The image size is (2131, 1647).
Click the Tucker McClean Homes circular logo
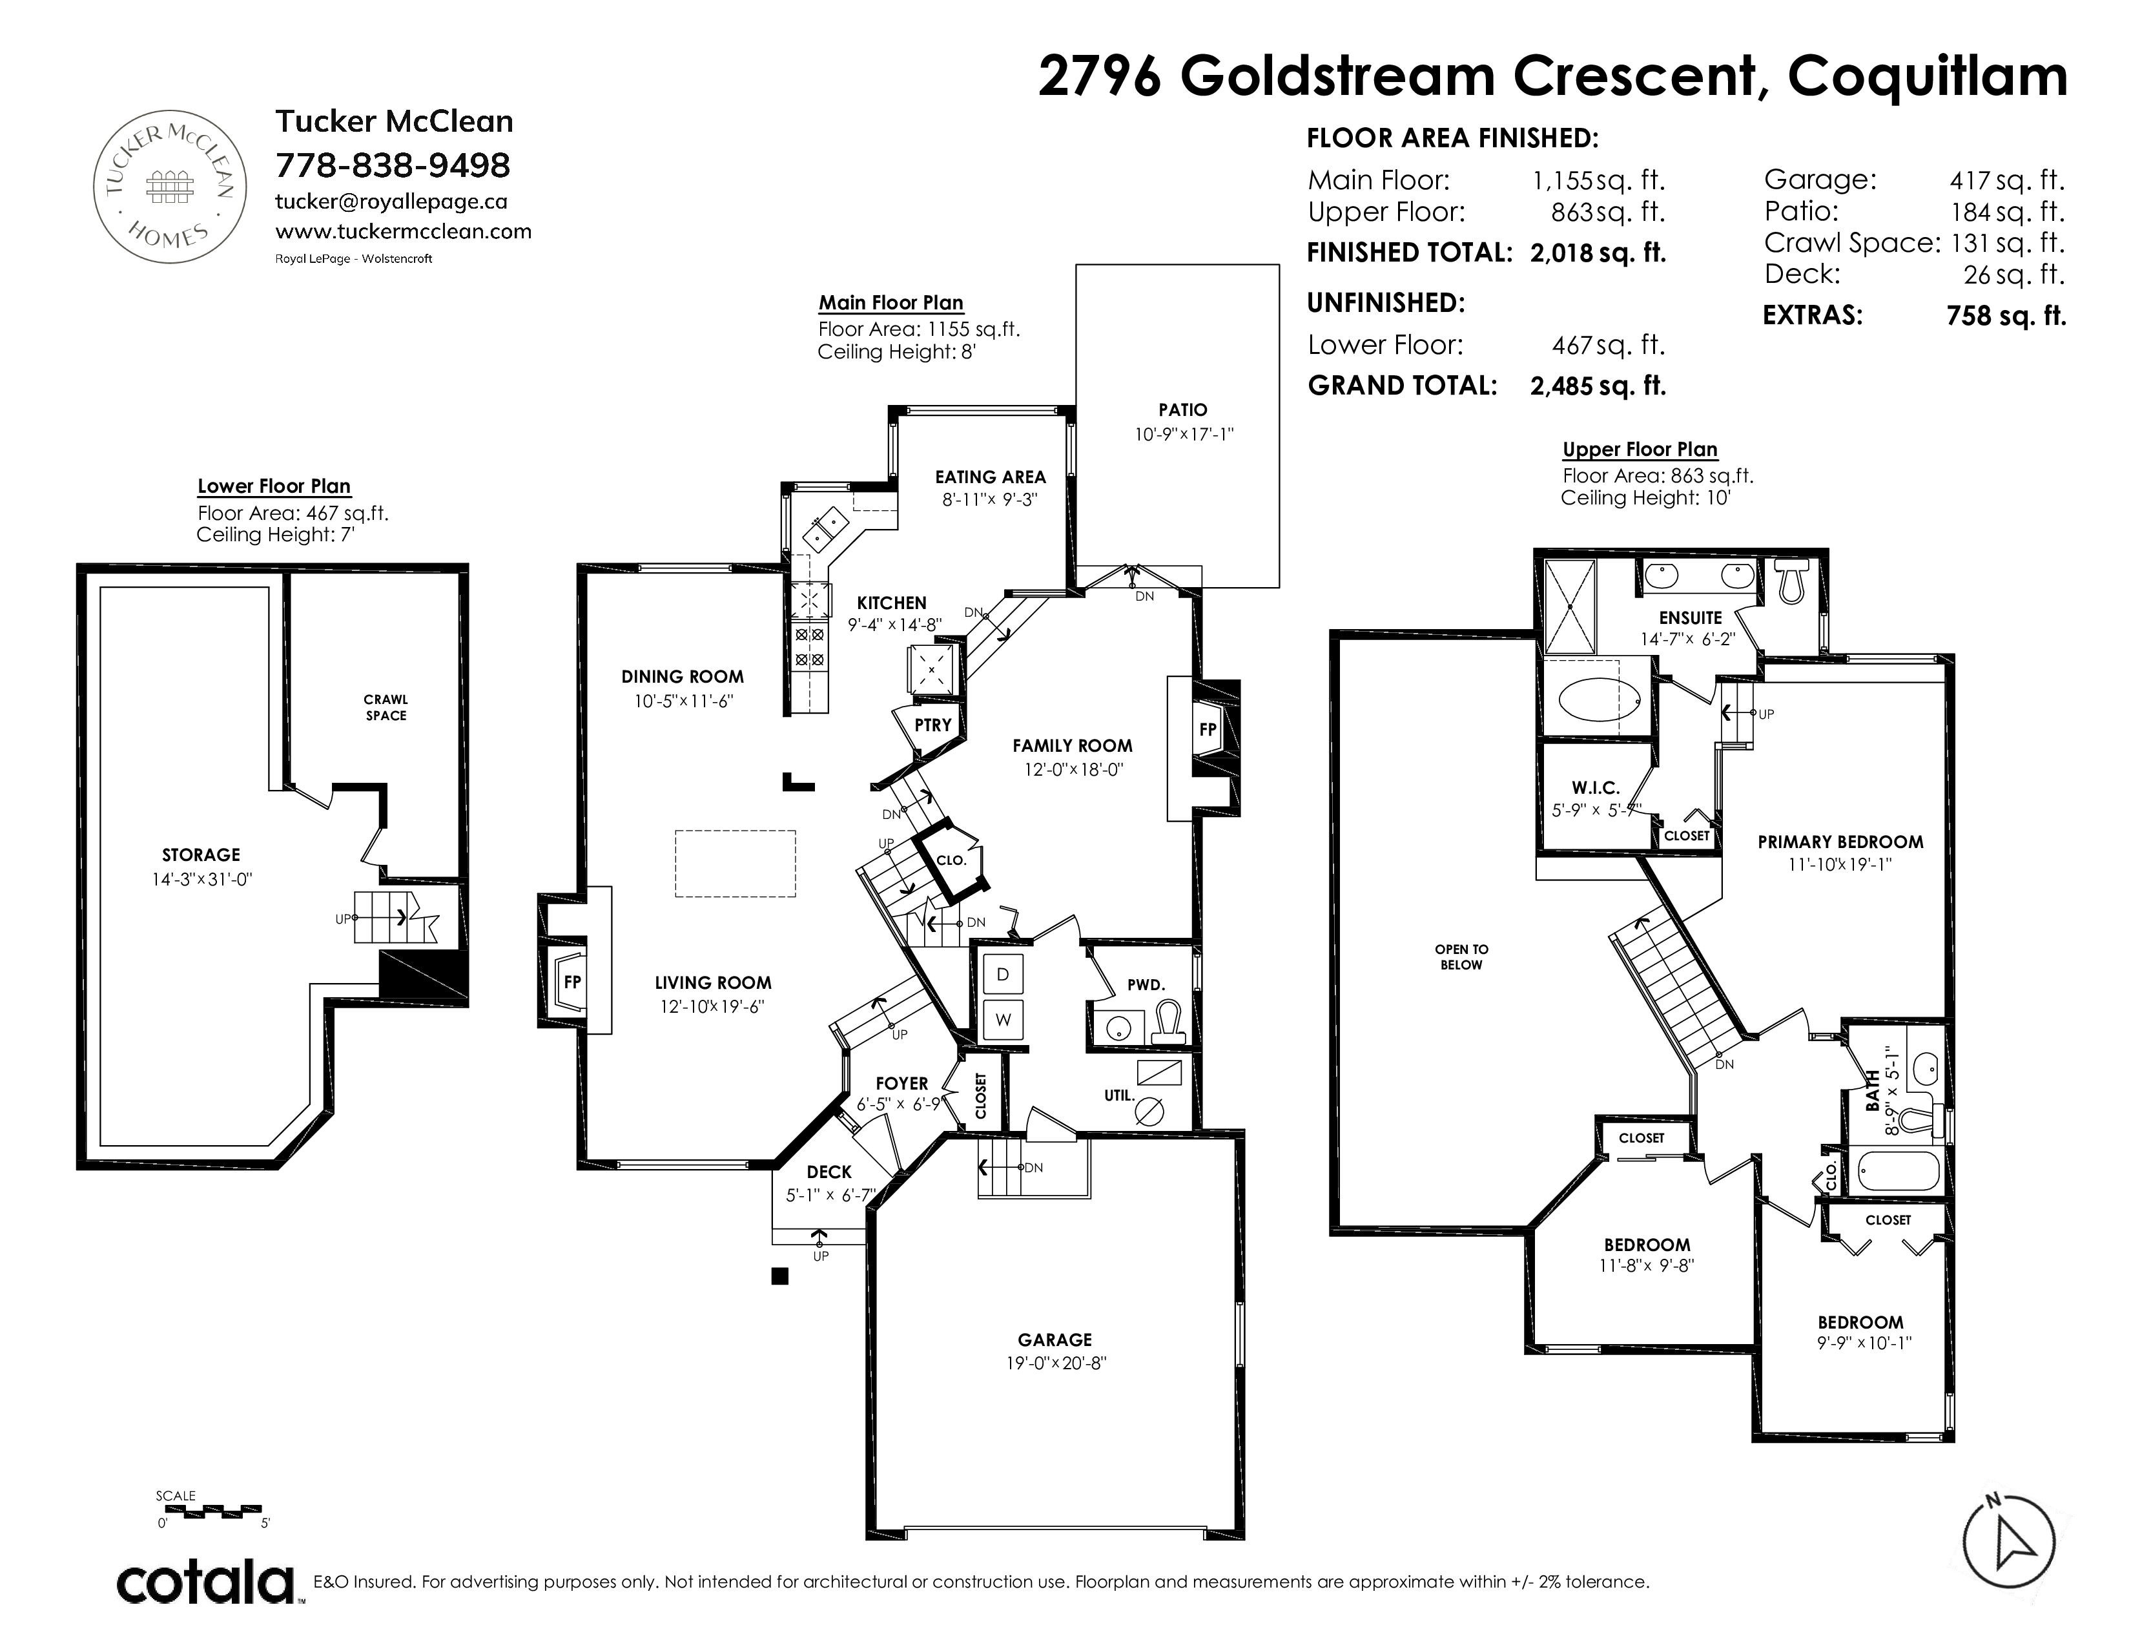169,187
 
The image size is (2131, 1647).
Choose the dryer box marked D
1003,974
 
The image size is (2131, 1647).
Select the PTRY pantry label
933,725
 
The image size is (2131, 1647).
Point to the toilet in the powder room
1169,1022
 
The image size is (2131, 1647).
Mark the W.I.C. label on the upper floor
1595,787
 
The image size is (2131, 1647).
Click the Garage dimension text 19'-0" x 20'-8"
1056,1363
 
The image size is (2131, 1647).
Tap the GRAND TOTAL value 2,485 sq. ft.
1598,386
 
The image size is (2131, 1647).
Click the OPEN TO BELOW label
1461,957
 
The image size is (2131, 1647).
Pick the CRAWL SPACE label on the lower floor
386,707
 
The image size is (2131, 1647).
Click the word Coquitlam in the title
1927,76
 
